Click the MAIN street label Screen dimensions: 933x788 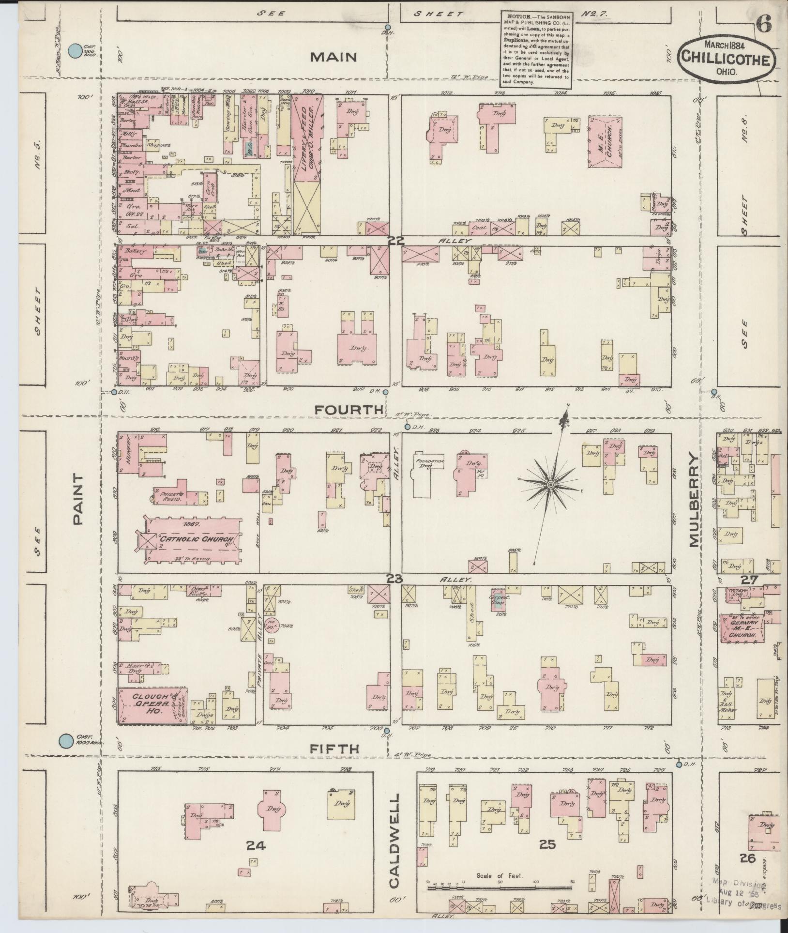(x=333, y=57)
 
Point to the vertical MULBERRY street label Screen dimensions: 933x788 (x=695, y=501)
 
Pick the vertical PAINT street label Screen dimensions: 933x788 (x=78, y=499)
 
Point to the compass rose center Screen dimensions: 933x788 (x=551, y=485)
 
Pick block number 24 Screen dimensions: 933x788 (x=256, y=845)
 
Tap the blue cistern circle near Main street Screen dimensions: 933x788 (x=75, y=50)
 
